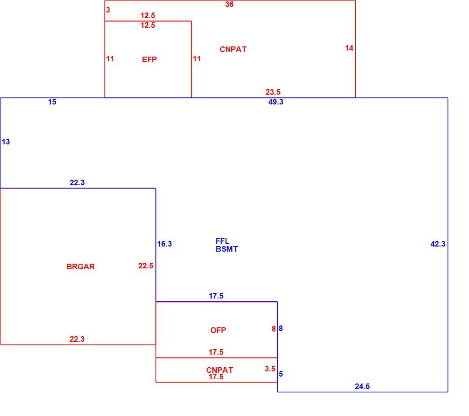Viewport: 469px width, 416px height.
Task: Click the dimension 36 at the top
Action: (229, 5)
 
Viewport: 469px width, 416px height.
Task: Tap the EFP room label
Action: (149, 59)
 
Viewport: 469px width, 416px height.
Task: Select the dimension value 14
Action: (349, 48)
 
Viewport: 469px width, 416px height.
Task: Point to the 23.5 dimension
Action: (273, 92)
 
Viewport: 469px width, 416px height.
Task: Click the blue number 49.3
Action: (276, 102)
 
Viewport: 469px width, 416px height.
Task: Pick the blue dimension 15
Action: (52, 102)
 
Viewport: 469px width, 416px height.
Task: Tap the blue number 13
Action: (6, 142)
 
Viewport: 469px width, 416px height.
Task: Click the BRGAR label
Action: (80, 266)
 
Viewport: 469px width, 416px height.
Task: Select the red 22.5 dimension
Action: (146, 266)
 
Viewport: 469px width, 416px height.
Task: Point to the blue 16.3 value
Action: (164, 244)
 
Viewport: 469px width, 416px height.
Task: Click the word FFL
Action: (222, 241)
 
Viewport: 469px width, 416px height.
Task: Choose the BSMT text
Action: (227, 249)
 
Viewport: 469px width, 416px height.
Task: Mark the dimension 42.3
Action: (438, 244)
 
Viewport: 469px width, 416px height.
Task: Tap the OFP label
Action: (218, 330)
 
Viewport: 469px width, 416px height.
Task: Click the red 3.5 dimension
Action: (270, 369)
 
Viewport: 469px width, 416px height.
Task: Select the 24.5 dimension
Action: (362, 387)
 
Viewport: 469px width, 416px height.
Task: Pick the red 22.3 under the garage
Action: (77, 339)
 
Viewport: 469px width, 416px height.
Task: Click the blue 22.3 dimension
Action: (77, 183)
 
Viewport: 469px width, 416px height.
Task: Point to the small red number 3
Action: (108, 10)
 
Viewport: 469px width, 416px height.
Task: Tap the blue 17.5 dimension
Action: (216, 296)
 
